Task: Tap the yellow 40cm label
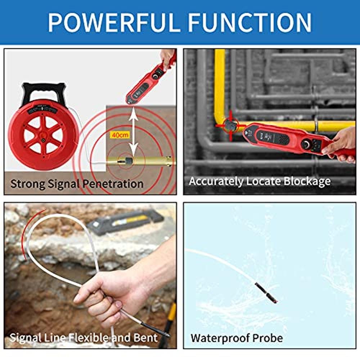119,135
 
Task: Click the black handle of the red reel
44,93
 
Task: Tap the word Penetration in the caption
113,184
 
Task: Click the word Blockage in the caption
307,181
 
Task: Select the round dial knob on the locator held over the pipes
306,144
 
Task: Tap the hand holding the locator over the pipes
341,145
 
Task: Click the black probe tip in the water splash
266,293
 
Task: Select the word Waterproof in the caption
220,338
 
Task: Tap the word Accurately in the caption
216,181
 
